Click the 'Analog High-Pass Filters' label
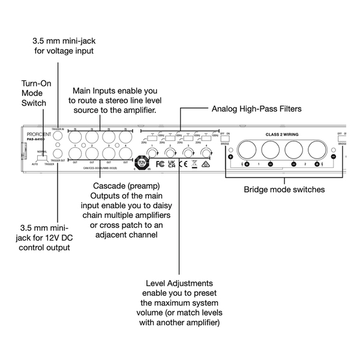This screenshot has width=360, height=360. pos(257,109)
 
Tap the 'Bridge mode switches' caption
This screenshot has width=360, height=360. pos(284,190)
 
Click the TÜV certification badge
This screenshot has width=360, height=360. pos(142,163)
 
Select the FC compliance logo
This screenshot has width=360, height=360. pos(160,163)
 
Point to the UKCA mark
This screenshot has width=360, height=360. pos(172,163)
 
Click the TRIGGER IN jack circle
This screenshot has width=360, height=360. pos(58,136)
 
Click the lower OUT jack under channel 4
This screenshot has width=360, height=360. pos(125,153)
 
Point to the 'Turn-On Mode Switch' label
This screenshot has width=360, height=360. pos(34,93)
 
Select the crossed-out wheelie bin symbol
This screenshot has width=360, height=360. pos(194,163)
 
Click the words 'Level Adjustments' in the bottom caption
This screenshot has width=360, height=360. pos(179,283)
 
